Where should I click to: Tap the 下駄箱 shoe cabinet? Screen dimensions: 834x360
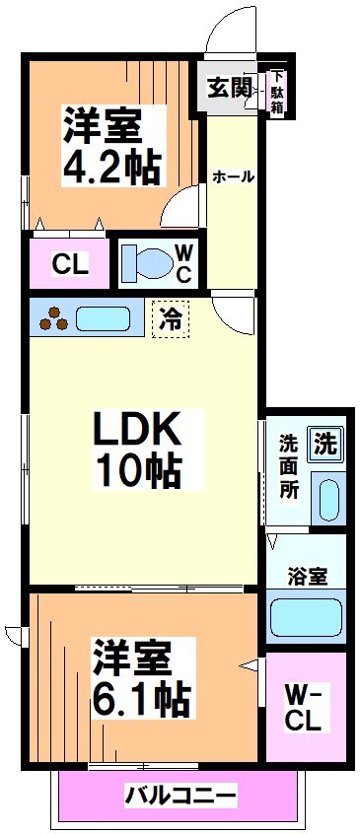point(278,93)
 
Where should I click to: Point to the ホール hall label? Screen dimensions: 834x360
point(234,176)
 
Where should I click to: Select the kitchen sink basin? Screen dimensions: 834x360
point(103,319)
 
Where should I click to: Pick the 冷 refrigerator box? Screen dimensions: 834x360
point(171,319)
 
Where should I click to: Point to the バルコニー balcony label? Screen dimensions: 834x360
point(180,795)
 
